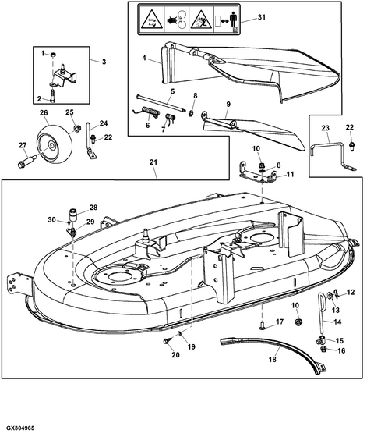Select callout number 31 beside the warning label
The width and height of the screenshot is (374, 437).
click(261, 18)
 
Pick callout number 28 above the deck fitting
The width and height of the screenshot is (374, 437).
click(93, 208)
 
